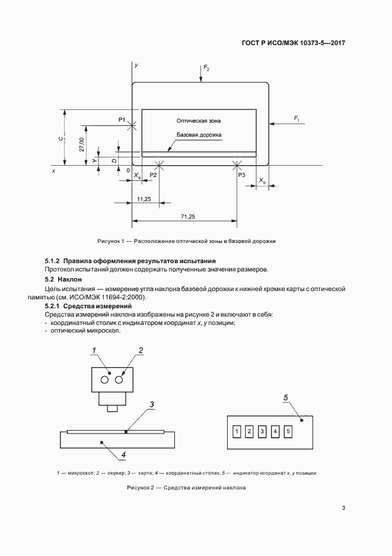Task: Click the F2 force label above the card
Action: (x=206, y=69)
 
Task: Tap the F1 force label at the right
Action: (x=296, y=120)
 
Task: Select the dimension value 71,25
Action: (x=187, y=216)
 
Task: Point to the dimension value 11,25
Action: (x=144, y=198)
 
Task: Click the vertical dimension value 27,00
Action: (x=81, y=144)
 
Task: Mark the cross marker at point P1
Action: (x=132, y=125)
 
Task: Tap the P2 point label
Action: (x=153, y=175)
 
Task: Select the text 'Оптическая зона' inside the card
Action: (x=198, y=121)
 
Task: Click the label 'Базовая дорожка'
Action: (x=199, y=135)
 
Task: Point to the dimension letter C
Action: (x=61, y=138)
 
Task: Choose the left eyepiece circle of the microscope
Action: (x=105, y=379)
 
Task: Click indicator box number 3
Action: (x=262, y=431)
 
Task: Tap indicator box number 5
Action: (x=288, y=431)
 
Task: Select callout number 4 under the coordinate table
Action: (x=123, y=456)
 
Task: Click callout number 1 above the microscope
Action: (x=94, y=351)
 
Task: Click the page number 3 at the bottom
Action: (x=343, y=508)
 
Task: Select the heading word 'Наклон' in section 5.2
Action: (x=69, y=279)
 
